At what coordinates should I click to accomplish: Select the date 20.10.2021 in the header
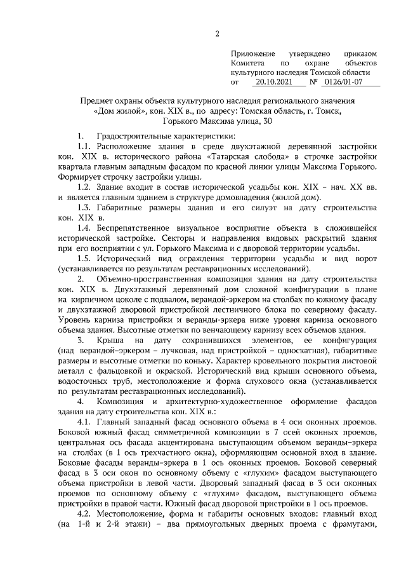click(273, 82)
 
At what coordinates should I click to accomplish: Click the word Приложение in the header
click(252, 55)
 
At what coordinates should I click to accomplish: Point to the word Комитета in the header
click(249, 64)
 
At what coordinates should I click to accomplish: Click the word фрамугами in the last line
click(354, 524)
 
